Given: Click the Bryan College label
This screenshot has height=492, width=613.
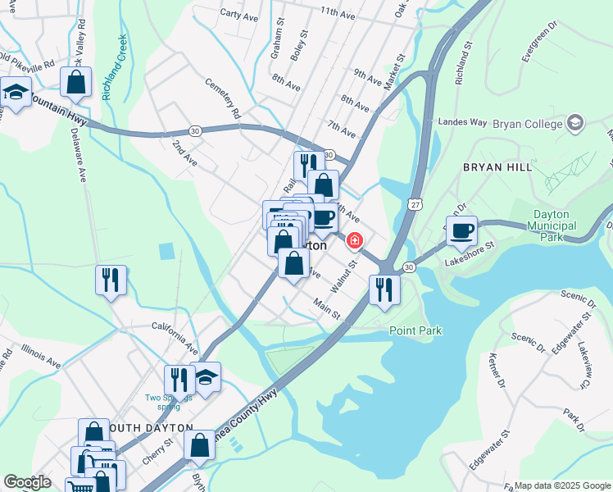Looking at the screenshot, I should pyautogui.click(x=528, y=124).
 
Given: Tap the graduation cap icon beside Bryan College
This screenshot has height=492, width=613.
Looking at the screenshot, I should pyautogui.click(x=576, y=124).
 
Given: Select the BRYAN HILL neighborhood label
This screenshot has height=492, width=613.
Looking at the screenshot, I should pyautogui.click(x=497, y=166).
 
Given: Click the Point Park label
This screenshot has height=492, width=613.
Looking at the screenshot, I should pyautogui.click(x=415, y=330).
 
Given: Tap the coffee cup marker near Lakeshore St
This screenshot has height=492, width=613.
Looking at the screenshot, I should pyautogui.click(x=462, y=230).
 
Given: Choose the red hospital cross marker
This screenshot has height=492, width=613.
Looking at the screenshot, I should pyautogui.click(x=355, y=241).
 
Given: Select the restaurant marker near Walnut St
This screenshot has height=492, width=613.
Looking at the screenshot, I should pyautogui.click(x=384, y=288).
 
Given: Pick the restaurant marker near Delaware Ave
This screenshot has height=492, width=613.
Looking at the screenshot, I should pyautogui.click(x=111, y=280).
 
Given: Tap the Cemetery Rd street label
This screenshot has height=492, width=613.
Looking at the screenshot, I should pyautogui.click(x=222, y=98).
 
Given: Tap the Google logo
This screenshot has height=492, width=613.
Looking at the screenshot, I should pyautogui.click(x=27, y=482).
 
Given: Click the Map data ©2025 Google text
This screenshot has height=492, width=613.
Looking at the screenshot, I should pyautogui.click(x=562, y=485).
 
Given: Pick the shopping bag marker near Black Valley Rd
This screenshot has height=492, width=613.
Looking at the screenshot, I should pyautogui.click(x=75, y=82).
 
